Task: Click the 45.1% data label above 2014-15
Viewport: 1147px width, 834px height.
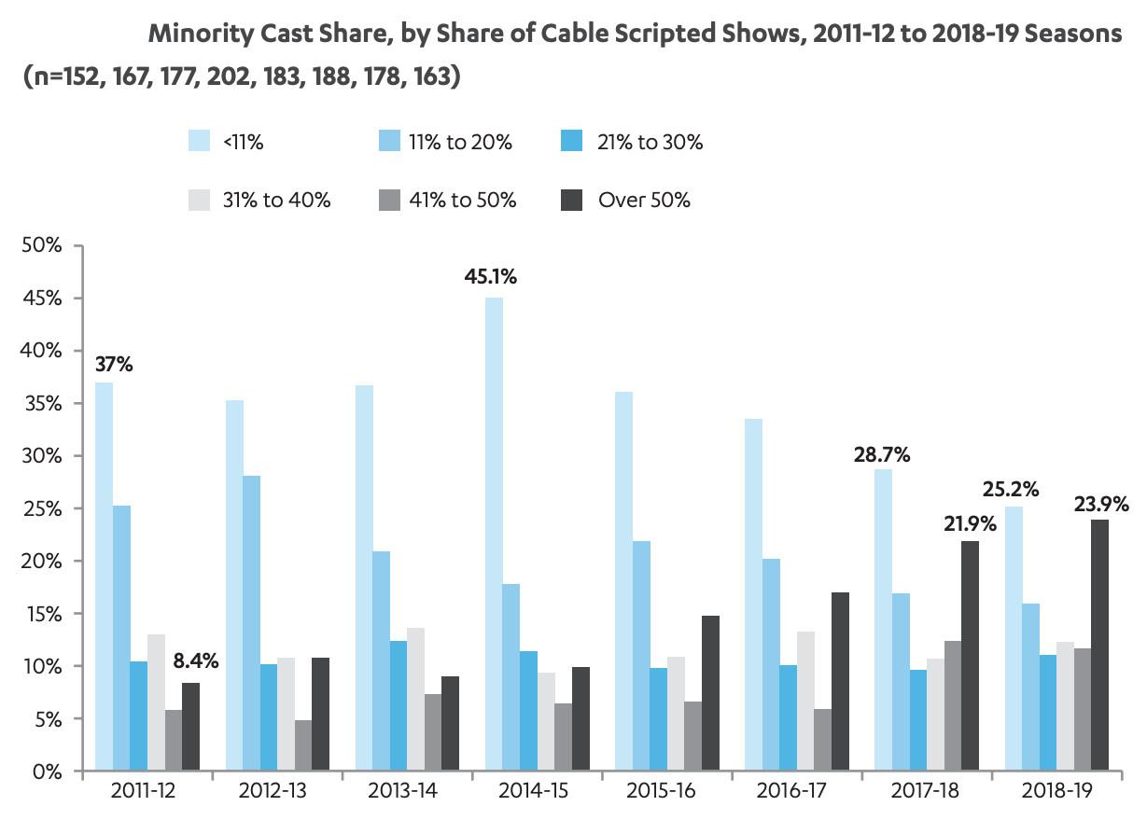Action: pos(491,277)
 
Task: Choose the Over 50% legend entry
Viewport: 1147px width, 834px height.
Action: pos(644,200)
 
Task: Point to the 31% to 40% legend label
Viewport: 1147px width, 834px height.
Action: pos(276,200)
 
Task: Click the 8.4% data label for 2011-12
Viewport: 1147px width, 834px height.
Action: pos(195,661)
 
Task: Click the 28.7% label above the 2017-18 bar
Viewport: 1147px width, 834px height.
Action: pos(882,455)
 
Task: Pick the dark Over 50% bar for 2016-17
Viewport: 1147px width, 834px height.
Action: pos(841,682)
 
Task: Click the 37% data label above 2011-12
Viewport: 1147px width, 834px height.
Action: pos(113,365)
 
